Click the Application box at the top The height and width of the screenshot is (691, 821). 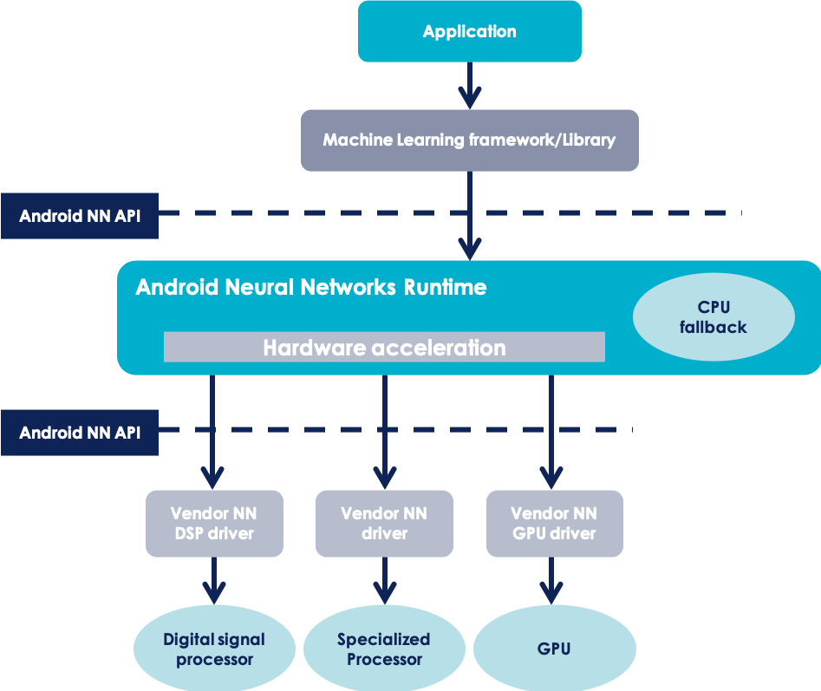469,31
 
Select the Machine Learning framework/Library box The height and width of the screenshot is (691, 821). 469,140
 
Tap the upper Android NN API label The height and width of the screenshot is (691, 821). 80,216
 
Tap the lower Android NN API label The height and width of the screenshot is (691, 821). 80,432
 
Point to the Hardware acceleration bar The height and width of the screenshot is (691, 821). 384,348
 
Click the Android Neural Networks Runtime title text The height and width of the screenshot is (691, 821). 310,287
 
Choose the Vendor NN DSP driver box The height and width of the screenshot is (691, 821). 213,524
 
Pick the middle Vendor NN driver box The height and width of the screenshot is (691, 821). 384,524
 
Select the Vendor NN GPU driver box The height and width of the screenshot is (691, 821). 554,524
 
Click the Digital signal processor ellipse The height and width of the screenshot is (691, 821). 214,649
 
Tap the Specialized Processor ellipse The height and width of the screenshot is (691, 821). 384,649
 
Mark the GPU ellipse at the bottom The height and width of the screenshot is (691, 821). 554,649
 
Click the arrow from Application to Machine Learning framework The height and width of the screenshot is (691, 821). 469,85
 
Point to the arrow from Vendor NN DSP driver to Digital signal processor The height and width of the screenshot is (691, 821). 213,579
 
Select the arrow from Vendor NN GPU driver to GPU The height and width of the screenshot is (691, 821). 551,579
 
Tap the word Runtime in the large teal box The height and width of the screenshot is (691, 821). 445,287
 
